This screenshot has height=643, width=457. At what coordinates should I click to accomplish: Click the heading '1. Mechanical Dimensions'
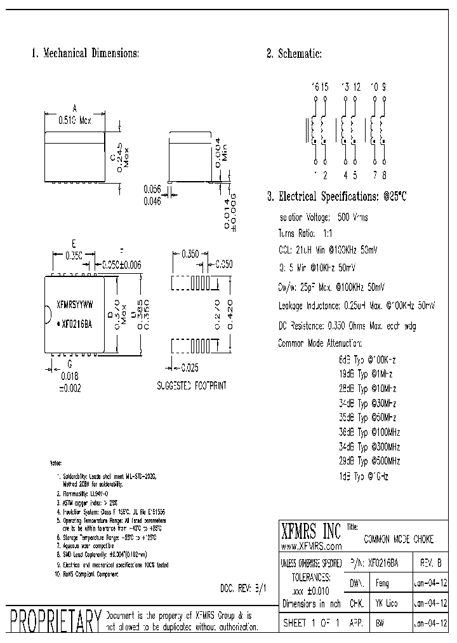point(86,54)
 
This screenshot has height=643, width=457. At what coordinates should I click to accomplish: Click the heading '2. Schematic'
point(295,54)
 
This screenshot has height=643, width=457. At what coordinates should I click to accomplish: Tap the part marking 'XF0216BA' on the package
point(77,323)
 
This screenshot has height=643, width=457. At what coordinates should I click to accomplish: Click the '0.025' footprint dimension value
point(190,367)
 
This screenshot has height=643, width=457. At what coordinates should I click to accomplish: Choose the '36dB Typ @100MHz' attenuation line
point(369,432)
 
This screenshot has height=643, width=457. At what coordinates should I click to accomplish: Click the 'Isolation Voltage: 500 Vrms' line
point(323,217)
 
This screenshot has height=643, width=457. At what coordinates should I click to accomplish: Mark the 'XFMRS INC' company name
point(310,531)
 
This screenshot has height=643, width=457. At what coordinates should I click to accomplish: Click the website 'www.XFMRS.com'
point(310,546)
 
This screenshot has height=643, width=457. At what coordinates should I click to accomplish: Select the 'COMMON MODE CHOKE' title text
point(399,539)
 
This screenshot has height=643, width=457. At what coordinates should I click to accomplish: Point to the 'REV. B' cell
point(431,563)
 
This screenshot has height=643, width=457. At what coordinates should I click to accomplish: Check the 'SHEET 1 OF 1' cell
point(311,623)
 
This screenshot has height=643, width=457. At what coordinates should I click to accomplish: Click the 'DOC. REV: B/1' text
point(243,588)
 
